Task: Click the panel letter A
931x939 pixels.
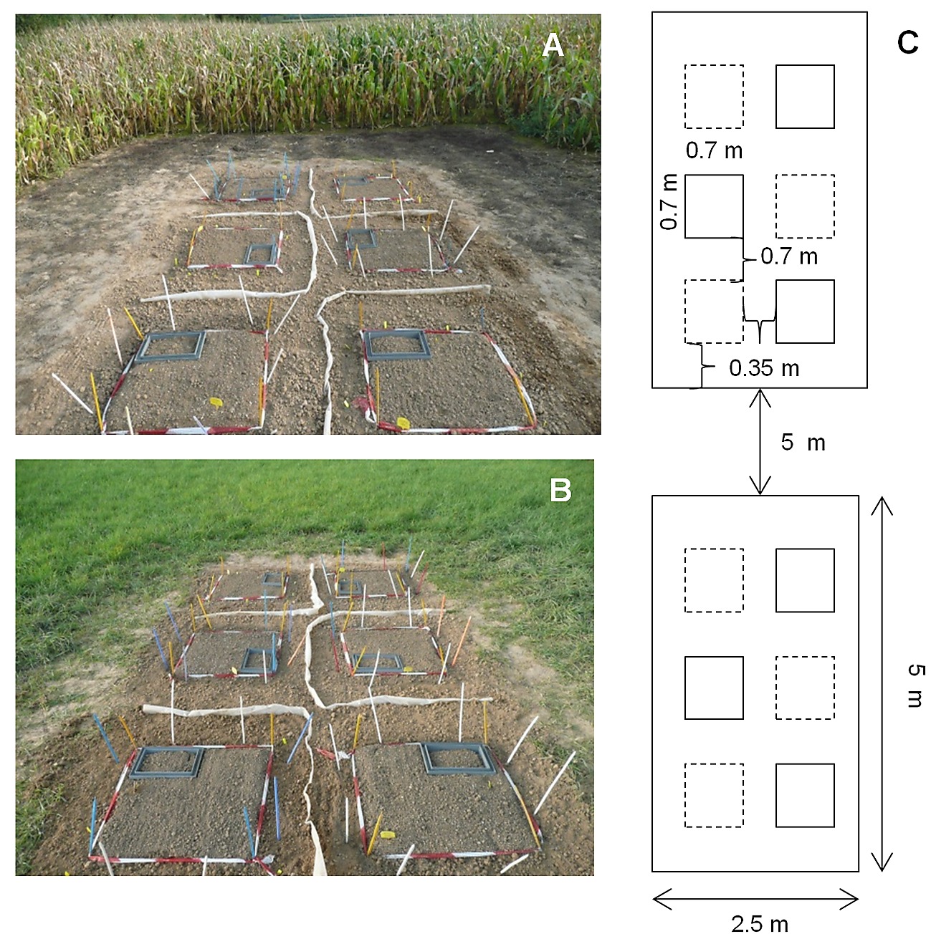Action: pyautogui.click(x=553, y=46)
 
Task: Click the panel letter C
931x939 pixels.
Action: pyautogui.click(x=907, y=44)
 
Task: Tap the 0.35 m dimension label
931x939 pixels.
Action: pyautogui.click(x=763, y=368)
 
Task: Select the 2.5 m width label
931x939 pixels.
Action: pyautogui.click(x=759, y=924)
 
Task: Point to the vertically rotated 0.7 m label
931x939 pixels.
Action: pyautogui.click(x=669, y=202)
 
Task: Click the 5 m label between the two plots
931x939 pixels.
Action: pyautogui.click(x=803, y=443)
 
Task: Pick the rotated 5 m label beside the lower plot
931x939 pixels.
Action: pyautogui.click(x=915, y=685)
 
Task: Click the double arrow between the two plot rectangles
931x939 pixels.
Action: pyautogui.click(x=760, y=441)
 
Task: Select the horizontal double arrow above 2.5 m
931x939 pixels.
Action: pyautogui.click(x=755, y=898)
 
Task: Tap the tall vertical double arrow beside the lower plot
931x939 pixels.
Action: pyautogui.click(x=881, y=684)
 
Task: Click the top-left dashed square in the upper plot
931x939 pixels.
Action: pyautogui.click(x=714, y=97)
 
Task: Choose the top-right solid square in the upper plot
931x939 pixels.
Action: pyautogui.click(x=805, y=97)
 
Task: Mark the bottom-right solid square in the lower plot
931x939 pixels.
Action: pyautogui.click(x=805, y=795)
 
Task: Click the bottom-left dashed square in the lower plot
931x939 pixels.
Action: pyautogui.click(x=714, y=795)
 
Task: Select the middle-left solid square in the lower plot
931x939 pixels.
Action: pyautogui.click(x=714, y=688)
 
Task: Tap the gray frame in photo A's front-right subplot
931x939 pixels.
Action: pyautogui.click(x=398, y=345)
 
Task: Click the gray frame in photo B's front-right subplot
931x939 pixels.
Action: pyautogui.click(x=459, y=758)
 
